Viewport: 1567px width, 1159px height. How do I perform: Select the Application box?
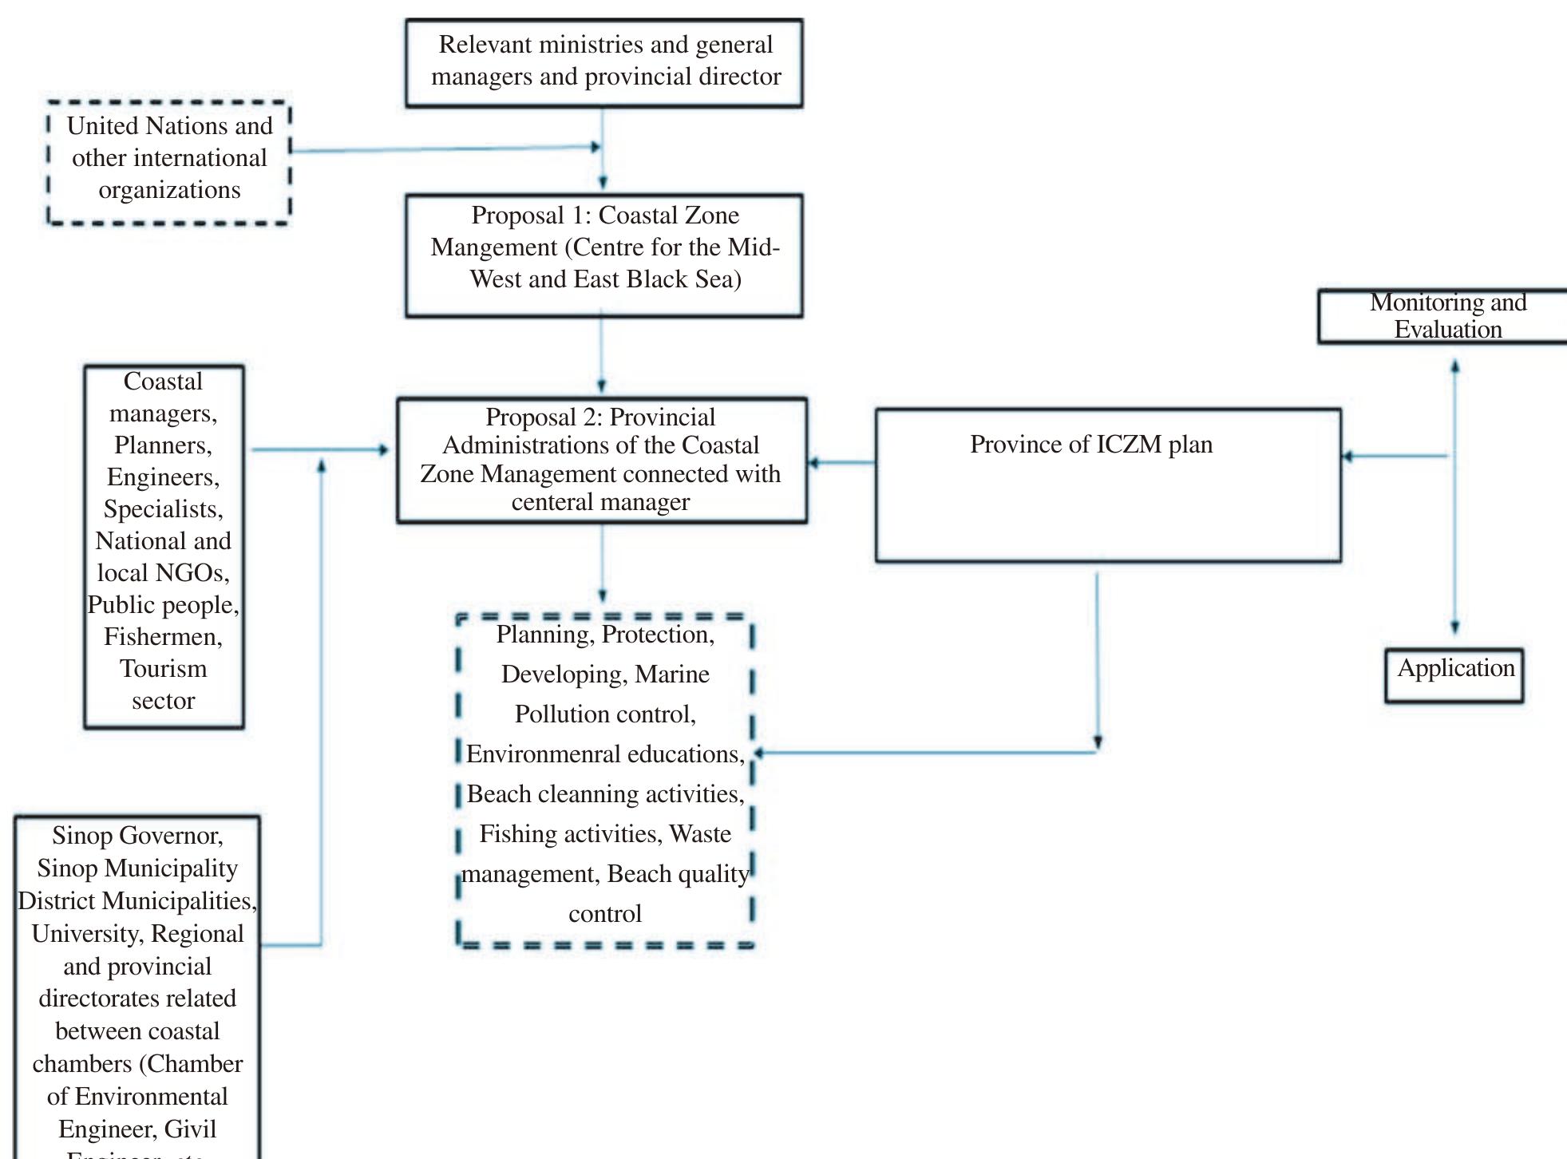click(1454, 675)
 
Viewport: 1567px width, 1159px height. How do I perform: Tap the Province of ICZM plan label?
click(1090, 445)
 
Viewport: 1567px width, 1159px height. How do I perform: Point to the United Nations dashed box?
click(169, 162)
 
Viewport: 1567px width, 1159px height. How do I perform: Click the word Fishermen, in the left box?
click(163, 637)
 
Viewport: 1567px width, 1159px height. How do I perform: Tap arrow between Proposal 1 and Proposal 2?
click(602, 355)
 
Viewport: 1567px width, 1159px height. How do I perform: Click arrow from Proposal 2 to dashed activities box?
click(602, 563)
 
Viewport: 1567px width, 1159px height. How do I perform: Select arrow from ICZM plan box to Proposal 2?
click(841, 462)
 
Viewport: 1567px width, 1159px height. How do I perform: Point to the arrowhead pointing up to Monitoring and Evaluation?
click(1455, 367)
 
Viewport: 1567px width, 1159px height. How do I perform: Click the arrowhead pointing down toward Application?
click(1455, 627)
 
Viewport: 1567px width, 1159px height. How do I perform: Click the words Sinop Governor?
click(137, 836)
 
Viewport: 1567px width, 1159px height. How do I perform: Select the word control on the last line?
click(604, 914)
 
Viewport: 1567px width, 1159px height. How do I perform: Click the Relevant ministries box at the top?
click(604, 62)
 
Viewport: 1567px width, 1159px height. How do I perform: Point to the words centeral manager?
click(600, 503)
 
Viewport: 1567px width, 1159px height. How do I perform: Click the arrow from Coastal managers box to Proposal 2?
click(319, 450)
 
